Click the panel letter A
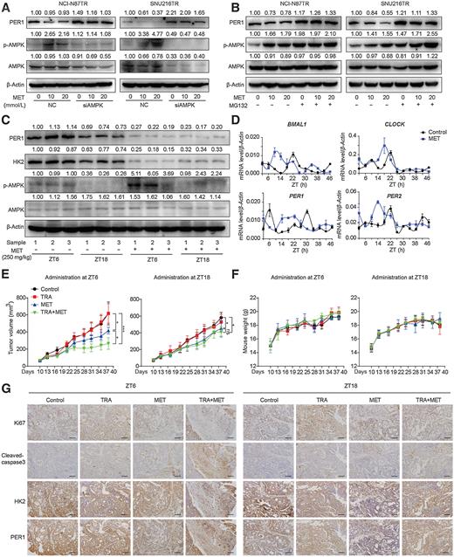point(5,6)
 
